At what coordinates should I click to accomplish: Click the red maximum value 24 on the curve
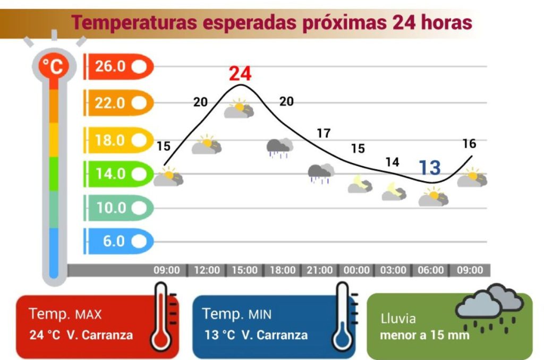pos(240,74)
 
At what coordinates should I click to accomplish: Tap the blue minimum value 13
pos(429,168)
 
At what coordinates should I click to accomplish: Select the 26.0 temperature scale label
pos(118,67)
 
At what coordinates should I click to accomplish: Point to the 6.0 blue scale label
pos(118,242)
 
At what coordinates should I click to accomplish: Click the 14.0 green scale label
pos(118,174)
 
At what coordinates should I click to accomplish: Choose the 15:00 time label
pos(244,270)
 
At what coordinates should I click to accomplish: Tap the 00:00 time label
pos(356,270)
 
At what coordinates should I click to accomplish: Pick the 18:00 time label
pos(282,270)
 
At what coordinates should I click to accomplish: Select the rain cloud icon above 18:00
pos(279,147)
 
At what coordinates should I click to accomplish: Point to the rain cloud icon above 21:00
pos(321,173)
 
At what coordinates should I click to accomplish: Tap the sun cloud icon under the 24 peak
pos(239,109)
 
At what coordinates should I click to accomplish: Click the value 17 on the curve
pos(324,134)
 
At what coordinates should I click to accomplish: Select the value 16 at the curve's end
pos(469,144)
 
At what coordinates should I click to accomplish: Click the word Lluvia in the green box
pos(398,319)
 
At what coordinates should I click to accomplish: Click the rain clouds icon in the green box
pos(489,308)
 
